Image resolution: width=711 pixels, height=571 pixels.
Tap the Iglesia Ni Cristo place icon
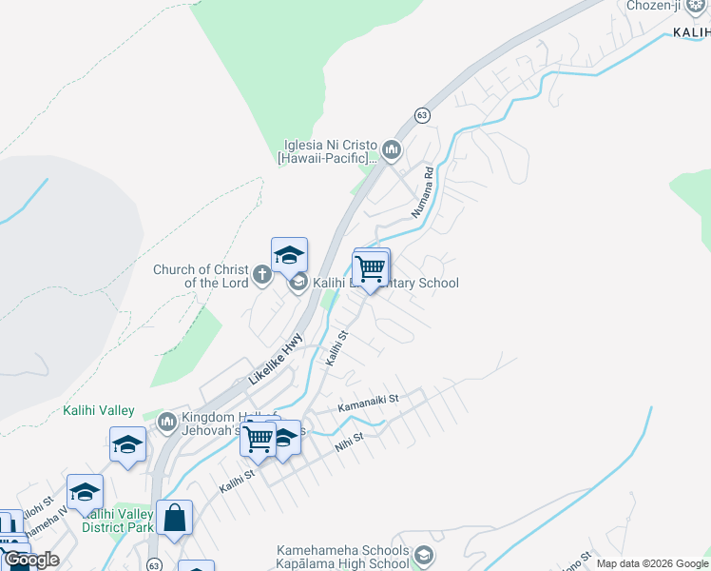(x=392, y=150)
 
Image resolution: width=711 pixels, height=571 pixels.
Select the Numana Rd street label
(x=422, y=193)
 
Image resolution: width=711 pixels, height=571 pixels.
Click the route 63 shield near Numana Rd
(x=422, y=115)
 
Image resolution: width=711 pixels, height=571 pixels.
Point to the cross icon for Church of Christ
(x=263, y=276)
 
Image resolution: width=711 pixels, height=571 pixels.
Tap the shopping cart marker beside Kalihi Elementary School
(x=370, y=269)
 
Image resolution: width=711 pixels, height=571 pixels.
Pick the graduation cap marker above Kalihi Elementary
(x=289, y=255)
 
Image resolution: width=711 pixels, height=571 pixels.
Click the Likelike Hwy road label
(x=276, y=358)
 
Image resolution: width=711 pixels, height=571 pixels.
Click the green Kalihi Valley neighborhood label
(x=99, y=410)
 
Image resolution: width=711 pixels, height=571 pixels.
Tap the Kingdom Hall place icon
(x=167, y=420)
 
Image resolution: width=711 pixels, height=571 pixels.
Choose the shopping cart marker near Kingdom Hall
(x=258, y=440)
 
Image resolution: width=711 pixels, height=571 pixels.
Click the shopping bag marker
(x=175, y=520)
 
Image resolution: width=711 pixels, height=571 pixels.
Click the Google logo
(x=31, y=561)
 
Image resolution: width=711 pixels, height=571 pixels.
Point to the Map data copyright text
(x=653, y=563)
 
